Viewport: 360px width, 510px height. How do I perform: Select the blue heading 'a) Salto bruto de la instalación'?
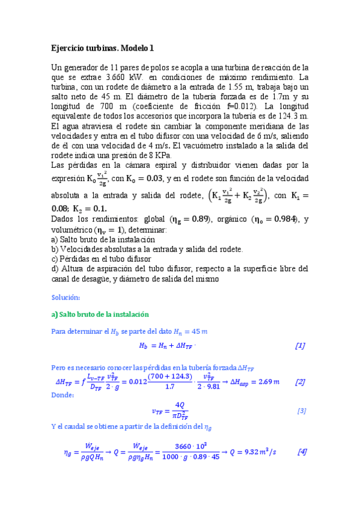(100, 315)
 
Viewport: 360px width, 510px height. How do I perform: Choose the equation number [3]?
(302, 411)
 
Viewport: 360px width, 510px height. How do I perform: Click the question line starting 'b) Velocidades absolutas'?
(147, 249)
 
